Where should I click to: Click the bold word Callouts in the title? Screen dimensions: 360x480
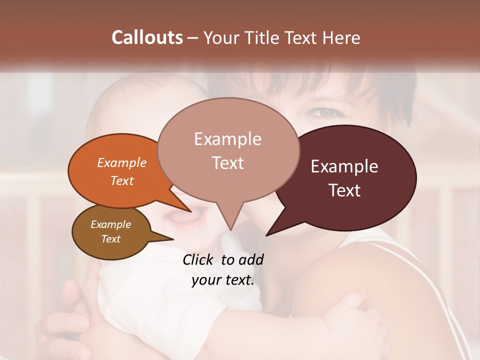pos(147,37)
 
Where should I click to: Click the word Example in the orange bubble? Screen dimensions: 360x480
pos(122,162)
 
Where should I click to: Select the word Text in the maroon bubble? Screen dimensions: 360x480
pos(345,190)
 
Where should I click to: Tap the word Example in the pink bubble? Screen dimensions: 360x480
pos(227,139)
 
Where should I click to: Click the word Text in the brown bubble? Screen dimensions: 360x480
pos(111,239)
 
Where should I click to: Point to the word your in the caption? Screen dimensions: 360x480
pos(206,280)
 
